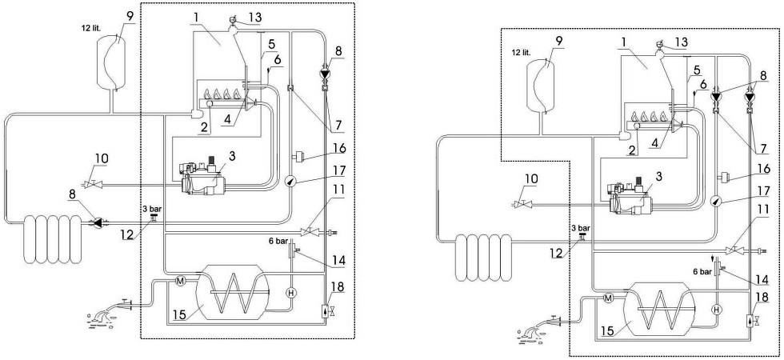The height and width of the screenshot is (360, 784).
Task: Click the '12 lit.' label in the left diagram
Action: [90, 29]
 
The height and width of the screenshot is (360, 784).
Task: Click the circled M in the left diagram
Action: [181, 281]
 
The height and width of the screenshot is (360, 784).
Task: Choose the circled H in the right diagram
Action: [717, 310]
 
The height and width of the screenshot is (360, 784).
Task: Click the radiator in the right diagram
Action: [483, 258]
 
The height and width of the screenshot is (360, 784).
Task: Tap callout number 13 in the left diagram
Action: [254, 18]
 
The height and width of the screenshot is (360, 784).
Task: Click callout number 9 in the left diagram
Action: [130, 15]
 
